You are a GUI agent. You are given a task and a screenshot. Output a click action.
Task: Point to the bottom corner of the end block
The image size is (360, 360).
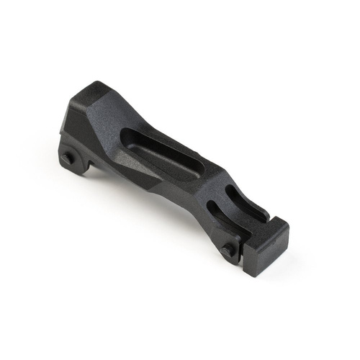[253, 276]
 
